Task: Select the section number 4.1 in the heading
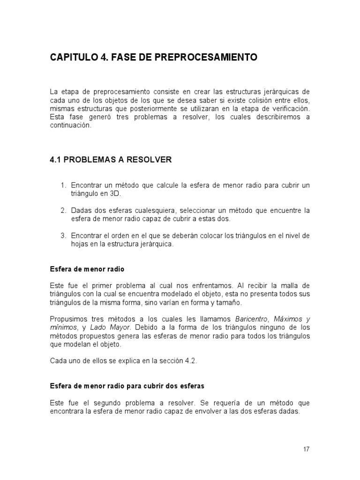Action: pos(56,160)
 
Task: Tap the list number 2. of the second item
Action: pos(65,211)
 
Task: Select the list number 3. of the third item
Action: pos(65,236)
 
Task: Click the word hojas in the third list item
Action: pos(80,244)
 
